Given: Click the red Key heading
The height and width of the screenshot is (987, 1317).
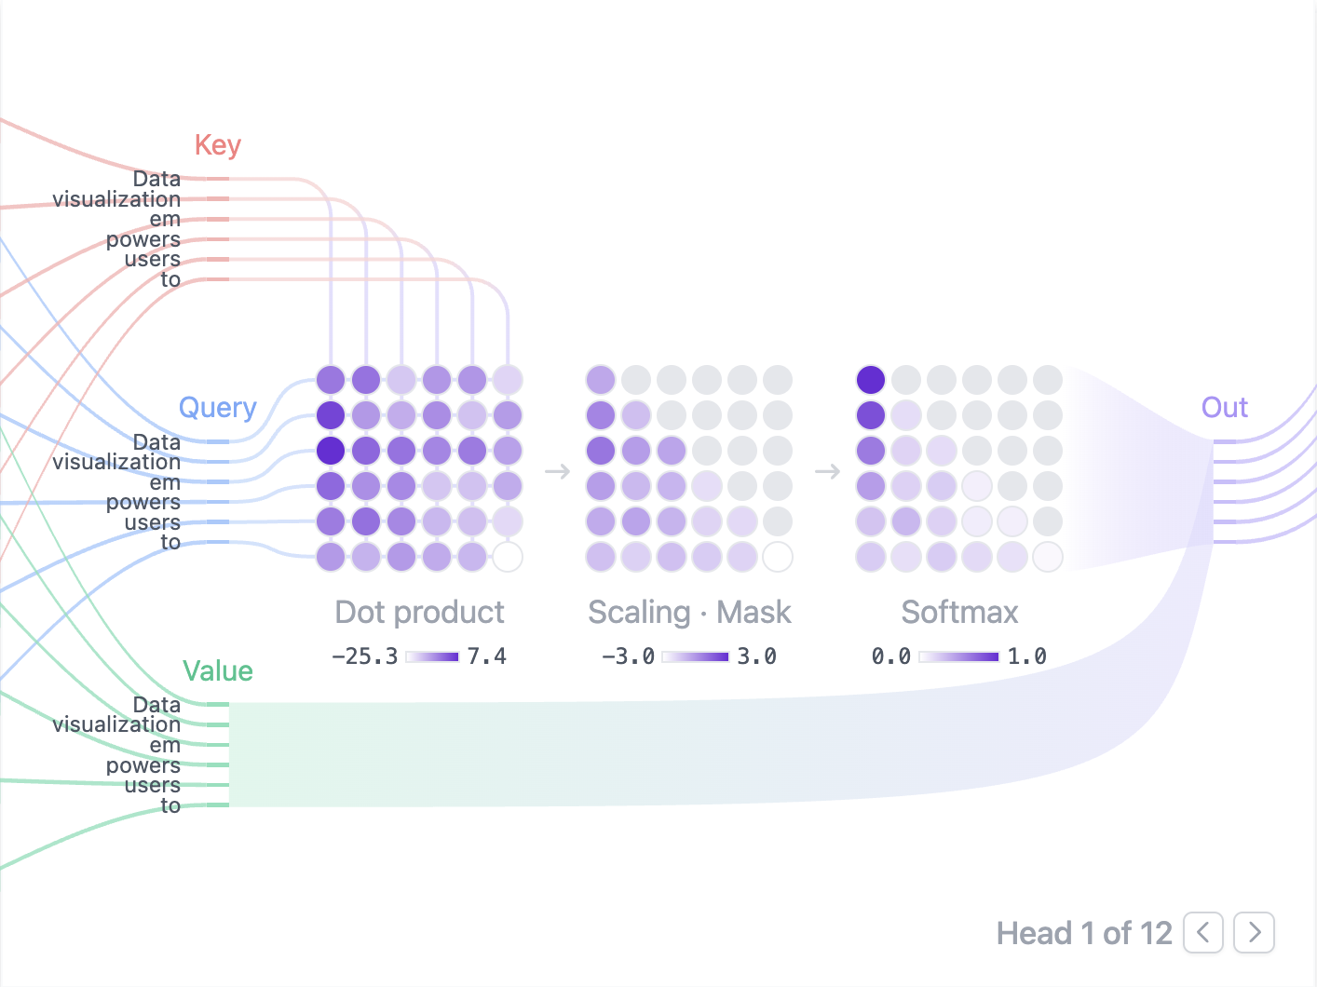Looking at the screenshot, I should [218, 145].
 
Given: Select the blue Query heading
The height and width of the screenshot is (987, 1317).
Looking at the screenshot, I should [217, 408].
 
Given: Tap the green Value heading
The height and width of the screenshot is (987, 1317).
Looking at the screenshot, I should [218, 671].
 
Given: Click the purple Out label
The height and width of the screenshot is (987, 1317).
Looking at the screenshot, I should [1224, 408].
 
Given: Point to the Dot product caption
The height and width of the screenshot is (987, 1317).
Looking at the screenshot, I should [419, 613].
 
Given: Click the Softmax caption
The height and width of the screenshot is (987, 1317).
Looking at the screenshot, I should [959, 613].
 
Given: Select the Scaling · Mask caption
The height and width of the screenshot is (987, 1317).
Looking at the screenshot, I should [689, 613].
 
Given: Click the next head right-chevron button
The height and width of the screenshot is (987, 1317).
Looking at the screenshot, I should [1254, 932].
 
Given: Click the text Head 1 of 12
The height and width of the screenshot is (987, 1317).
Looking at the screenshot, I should [1084, 933].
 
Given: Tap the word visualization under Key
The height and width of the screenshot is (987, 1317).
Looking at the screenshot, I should [116, 199].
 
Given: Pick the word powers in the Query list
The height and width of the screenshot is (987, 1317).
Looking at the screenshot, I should [143, 503].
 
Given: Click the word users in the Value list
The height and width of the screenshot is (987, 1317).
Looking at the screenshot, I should [152, 785].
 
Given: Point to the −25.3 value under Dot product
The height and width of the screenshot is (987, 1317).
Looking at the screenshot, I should [364, 656].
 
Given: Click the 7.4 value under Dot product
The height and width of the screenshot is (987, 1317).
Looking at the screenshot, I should [486, 656].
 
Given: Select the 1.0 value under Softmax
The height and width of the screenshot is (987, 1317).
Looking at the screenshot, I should [1026, 656].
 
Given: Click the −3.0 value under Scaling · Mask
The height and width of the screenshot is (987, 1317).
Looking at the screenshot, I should [628, 656].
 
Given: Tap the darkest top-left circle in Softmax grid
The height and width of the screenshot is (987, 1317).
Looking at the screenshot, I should [871, 380].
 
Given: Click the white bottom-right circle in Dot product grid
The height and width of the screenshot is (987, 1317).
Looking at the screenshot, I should [508, 557].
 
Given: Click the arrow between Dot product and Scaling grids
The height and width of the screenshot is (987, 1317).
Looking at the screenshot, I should [557, 471].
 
